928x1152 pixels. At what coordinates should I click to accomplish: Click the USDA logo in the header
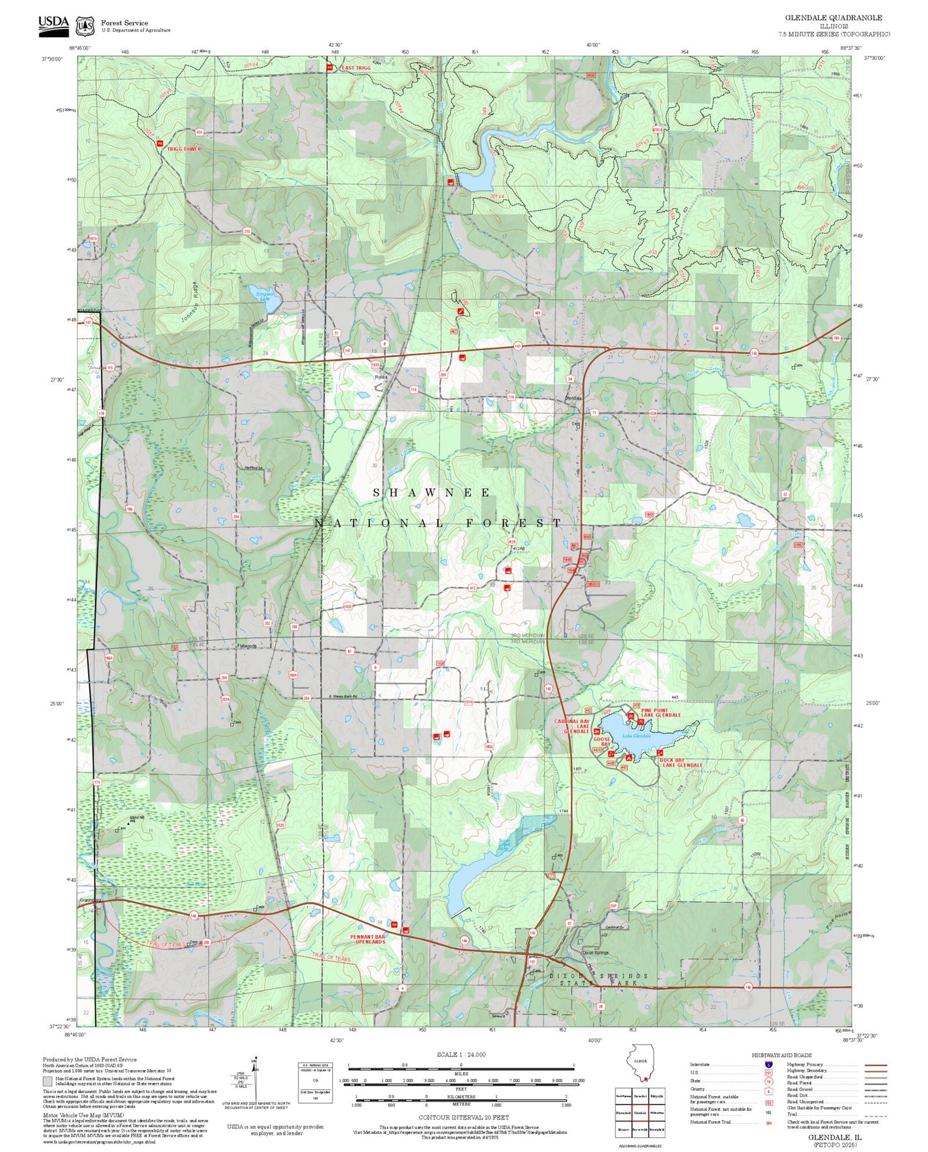53,24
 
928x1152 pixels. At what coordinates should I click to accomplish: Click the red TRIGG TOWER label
184,149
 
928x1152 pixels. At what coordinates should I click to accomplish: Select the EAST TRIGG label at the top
356,68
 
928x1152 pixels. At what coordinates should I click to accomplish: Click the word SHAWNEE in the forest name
432,493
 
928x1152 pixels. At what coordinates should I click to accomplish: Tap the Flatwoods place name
247,646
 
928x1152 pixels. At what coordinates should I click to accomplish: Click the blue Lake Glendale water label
636,736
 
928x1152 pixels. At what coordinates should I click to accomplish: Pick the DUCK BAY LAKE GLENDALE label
681,762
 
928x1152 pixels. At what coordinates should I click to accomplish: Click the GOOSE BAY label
602,742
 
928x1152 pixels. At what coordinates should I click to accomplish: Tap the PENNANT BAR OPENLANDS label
367,939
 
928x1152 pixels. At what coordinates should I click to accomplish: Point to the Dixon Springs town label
595,952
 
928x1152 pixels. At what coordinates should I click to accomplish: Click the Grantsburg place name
91,900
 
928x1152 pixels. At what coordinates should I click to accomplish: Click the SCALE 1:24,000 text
460,1054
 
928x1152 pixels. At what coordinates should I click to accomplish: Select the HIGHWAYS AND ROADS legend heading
781,1055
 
